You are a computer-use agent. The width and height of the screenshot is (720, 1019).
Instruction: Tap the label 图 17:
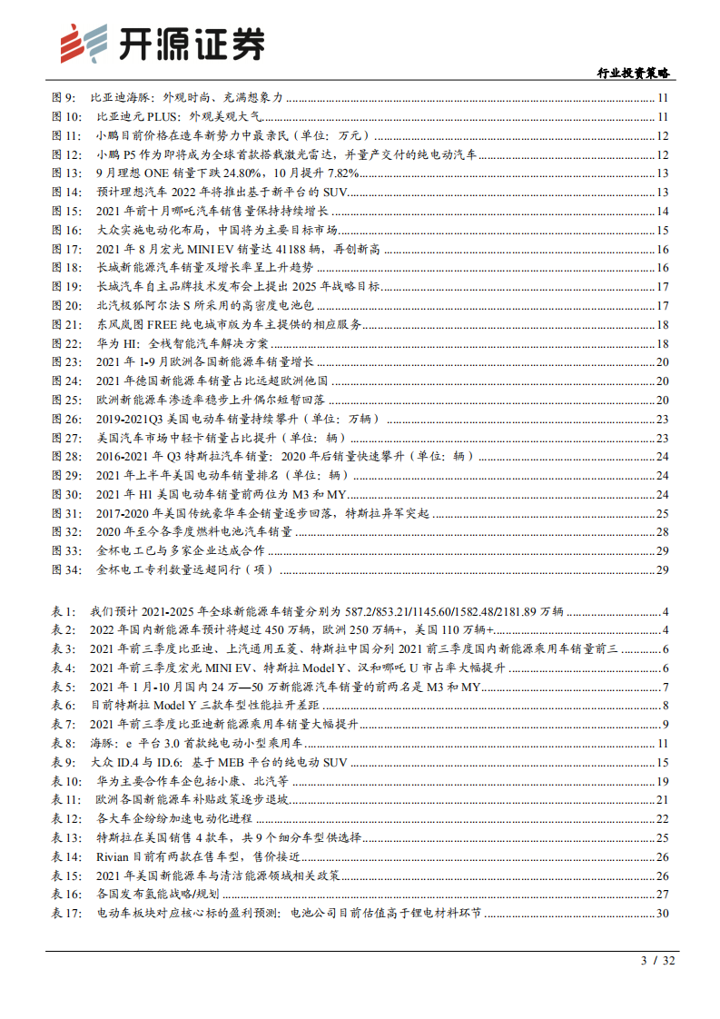[x=68, y=249]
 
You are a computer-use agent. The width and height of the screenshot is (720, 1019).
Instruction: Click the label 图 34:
[x=68, y=569]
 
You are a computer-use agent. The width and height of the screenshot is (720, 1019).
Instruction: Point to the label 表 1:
[x=65, y=611]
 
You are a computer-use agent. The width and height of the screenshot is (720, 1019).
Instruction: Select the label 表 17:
[x=68, y=913]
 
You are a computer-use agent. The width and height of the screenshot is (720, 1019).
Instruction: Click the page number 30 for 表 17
[x=662, y=913]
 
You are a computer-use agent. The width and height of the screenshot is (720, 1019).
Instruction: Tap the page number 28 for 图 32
[x=662, y=531]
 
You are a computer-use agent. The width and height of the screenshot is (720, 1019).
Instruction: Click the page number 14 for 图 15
[x=662, y=211]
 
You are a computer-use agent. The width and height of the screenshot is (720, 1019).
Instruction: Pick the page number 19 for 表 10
[x=662, y=781]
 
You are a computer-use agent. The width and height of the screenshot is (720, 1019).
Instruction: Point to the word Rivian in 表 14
[x=113, y=856]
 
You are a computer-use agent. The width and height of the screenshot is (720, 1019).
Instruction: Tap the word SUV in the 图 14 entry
[x=335, y=193]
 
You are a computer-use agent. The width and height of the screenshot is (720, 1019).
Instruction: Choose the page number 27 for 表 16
[x=662, y=894]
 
